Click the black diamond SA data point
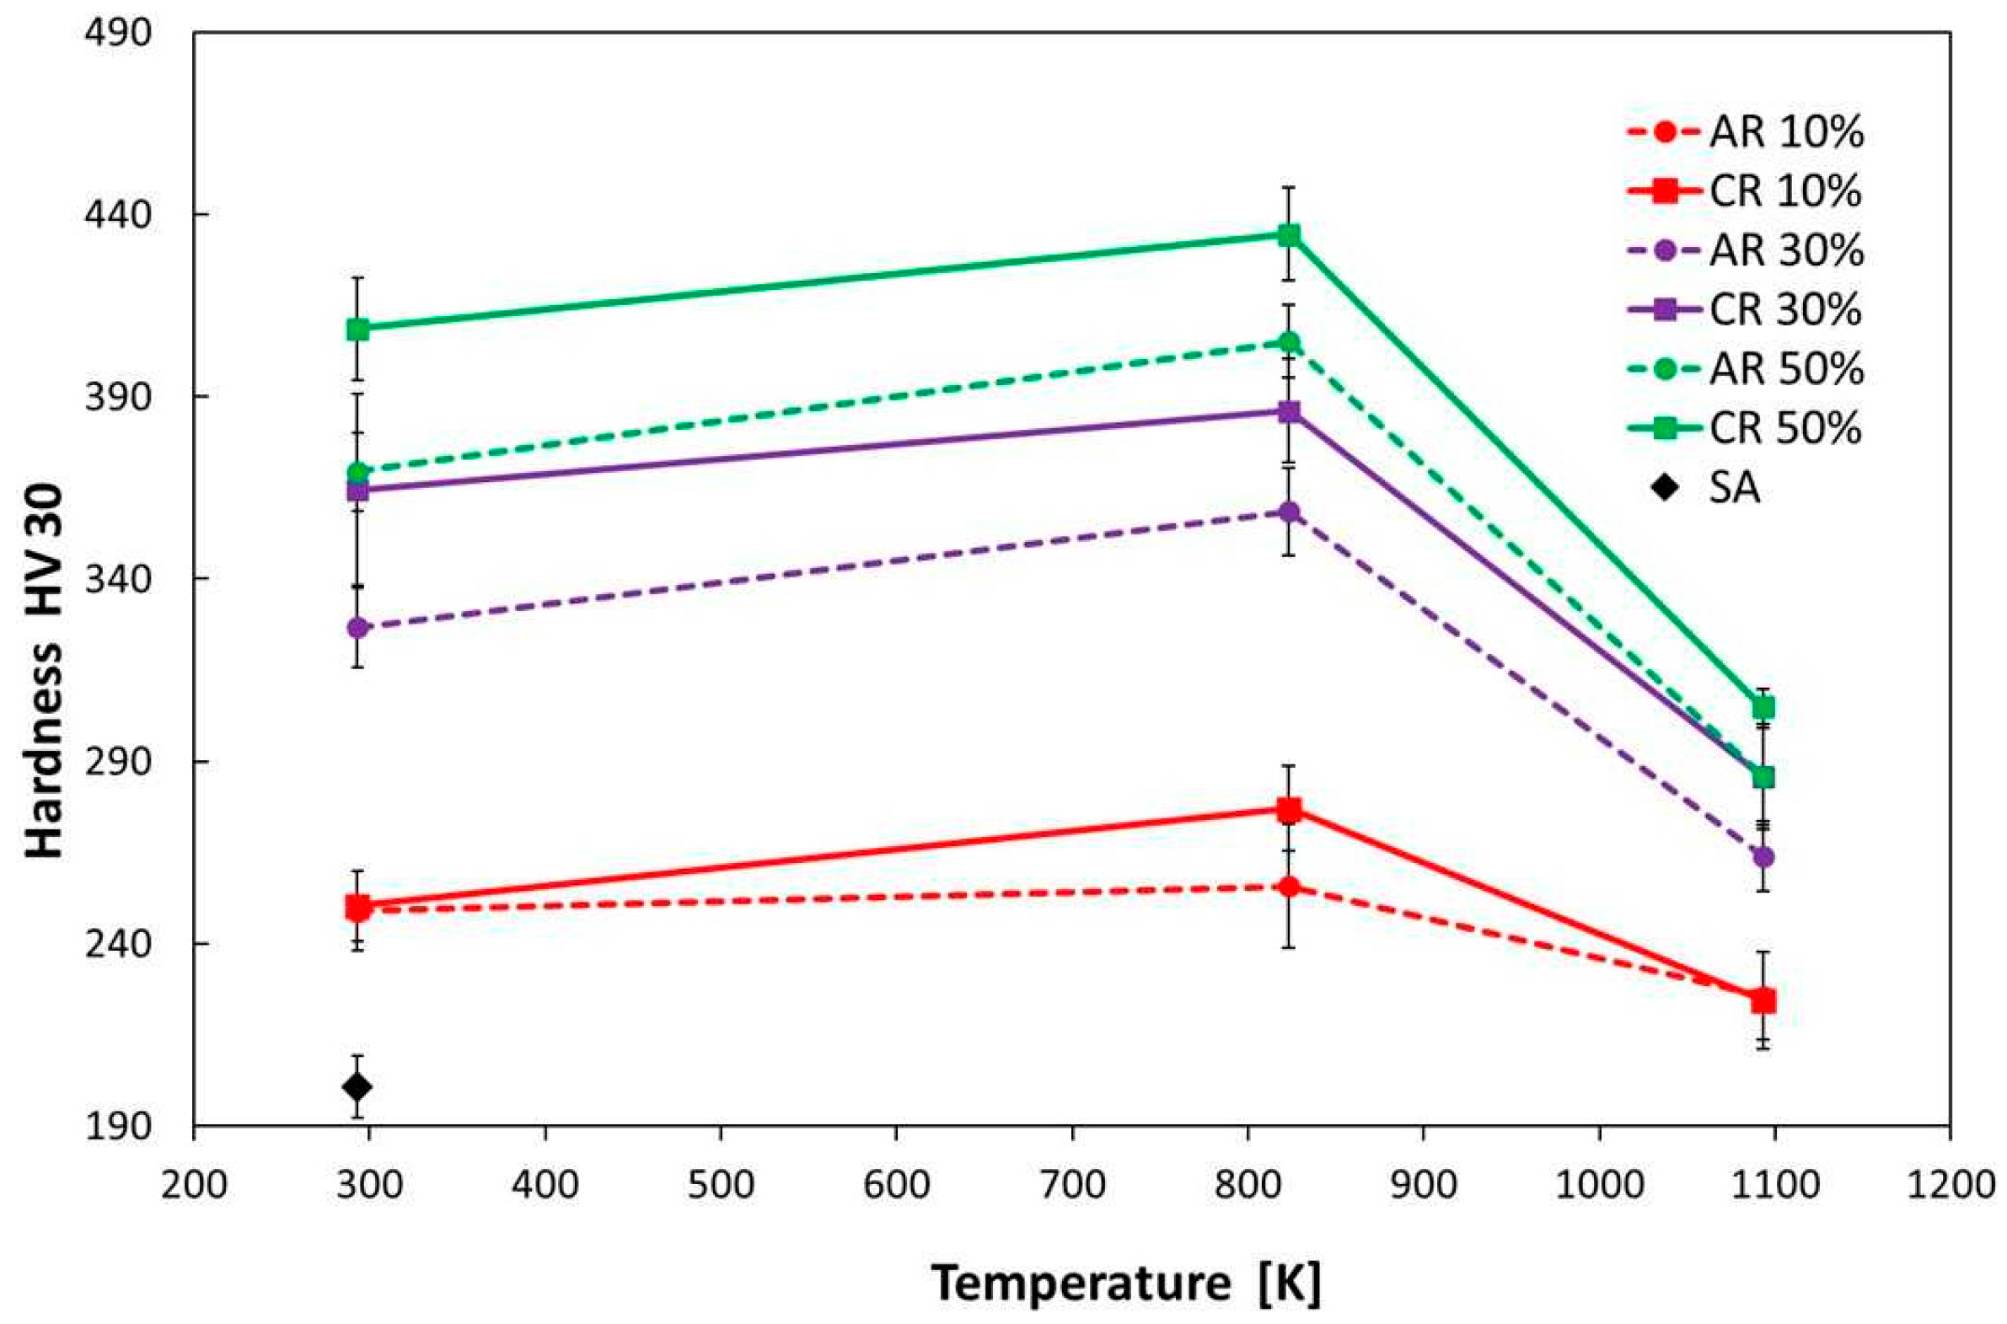pos(357,1085)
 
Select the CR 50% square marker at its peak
pos(1289,235)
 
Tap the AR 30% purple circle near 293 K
pos(357,627)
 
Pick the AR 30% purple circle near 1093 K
pos(1763,857)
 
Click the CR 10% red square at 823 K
pos(1289,810)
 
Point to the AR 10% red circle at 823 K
pos(1289,887)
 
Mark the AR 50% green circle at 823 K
pos(1289,342)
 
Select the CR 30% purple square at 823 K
pos(1289,412)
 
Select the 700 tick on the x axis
pos(1071,1185)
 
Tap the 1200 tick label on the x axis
pos(1951,1185)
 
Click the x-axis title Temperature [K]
pos(1125,1284)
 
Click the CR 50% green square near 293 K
pos(357,330)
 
